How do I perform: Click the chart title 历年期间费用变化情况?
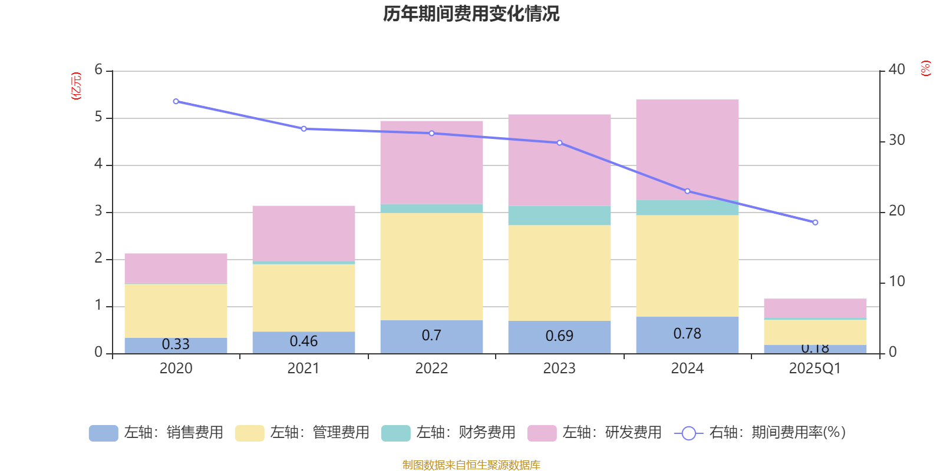(471, 14)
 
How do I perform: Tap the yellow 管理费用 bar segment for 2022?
(431, 266)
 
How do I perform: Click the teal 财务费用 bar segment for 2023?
(559, 215)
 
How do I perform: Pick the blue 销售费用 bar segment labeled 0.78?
(687, 335)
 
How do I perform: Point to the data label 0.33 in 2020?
(176, 344)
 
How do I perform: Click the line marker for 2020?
(176, 101)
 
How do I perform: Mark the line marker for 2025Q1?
(815, 223)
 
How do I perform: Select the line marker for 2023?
(559, 142)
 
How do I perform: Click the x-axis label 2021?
(304, 369)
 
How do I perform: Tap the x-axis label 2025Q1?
(815, 369)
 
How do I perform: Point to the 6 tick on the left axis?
(98, 70)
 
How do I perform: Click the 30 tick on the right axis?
(896, 140)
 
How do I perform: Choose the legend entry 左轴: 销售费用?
(156, 433)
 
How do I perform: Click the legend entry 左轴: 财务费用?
(449, 433)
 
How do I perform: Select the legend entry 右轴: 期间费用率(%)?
(760, 433)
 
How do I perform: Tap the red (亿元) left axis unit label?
(75, 86)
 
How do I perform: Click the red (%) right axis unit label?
(926, 68)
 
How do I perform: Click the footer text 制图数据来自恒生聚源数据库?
(471, 465)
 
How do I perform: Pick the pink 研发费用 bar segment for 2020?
(176, 268)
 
